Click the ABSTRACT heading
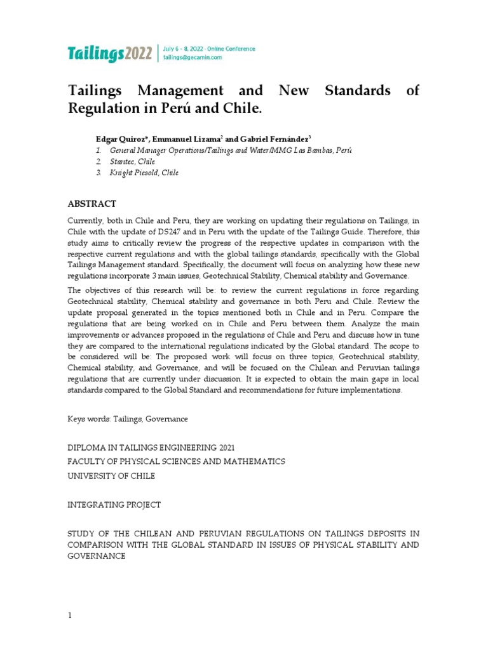click(x=91, y=204)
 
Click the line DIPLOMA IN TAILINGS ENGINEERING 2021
click(x=151, y=446)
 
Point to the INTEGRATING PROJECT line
click(x=114, y=505)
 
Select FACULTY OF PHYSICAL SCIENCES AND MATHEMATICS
click(x=176, y=461)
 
